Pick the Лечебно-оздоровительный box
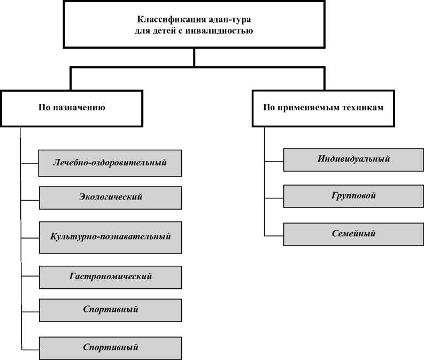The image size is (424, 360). tap(110, 162)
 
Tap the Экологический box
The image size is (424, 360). tap(110, 197)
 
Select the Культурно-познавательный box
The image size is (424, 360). tap(110, 236)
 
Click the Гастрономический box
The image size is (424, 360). tap(110, 277)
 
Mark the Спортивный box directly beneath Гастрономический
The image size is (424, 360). tap(110, 309)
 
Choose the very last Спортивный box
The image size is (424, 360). tap(110, 347)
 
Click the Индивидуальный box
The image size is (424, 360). tap(353, 159)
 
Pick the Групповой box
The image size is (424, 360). tap(353, 196)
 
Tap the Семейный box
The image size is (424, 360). tap(353, 234)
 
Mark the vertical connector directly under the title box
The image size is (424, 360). tap(194, 57)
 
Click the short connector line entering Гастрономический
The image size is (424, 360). tap(30, 277)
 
